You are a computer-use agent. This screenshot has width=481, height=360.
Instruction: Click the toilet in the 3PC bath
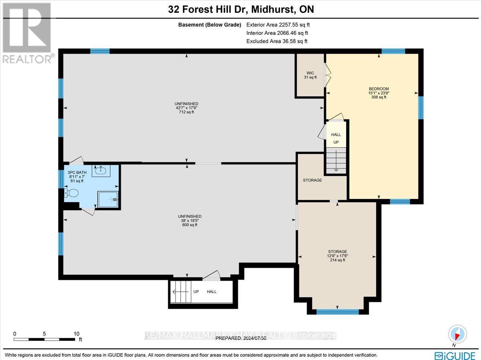(x=72, y=193)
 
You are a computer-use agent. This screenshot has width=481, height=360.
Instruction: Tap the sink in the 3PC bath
(x=101, y=171)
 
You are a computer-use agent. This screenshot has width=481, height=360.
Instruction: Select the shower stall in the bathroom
(x=108, y=199)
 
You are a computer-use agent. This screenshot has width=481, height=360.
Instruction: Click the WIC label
(x=310, y=73)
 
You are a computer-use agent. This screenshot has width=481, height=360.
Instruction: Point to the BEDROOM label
(x=379, y=88)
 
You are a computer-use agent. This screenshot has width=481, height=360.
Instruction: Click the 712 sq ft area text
(x=186, y=112)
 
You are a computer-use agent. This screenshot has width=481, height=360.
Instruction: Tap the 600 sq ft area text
(x=190, y=225)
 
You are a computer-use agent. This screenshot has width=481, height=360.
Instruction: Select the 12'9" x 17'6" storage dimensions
(x=338, y=256)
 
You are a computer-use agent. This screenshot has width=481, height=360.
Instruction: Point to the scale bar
(x=44, y=340)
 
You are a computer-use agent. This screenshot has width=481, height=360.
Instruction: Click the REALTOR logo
(x=27, y=33)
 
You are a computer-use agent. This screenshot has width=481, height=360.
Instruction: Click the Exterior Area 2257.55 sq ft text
(x=278, y=25)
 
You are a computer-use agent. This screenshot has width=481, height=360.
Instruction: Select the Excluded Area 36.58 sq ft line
(x=277, y=41)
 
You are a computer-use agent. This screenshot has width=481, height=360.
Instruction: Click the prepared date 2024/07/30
(x=241, y=338)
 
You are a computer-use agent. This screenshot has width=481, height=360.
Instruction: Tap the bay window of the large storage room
(x=338, y=312)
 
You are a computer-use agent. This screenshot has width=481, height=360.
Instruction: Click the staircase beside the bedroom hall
(x=336, y=161)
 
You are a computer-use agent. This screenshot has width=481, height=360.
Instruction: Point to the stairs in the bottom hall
(x=181, y=292)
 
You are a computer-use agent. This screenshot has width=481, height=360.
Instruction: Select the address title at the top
(x=241, y=9)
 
